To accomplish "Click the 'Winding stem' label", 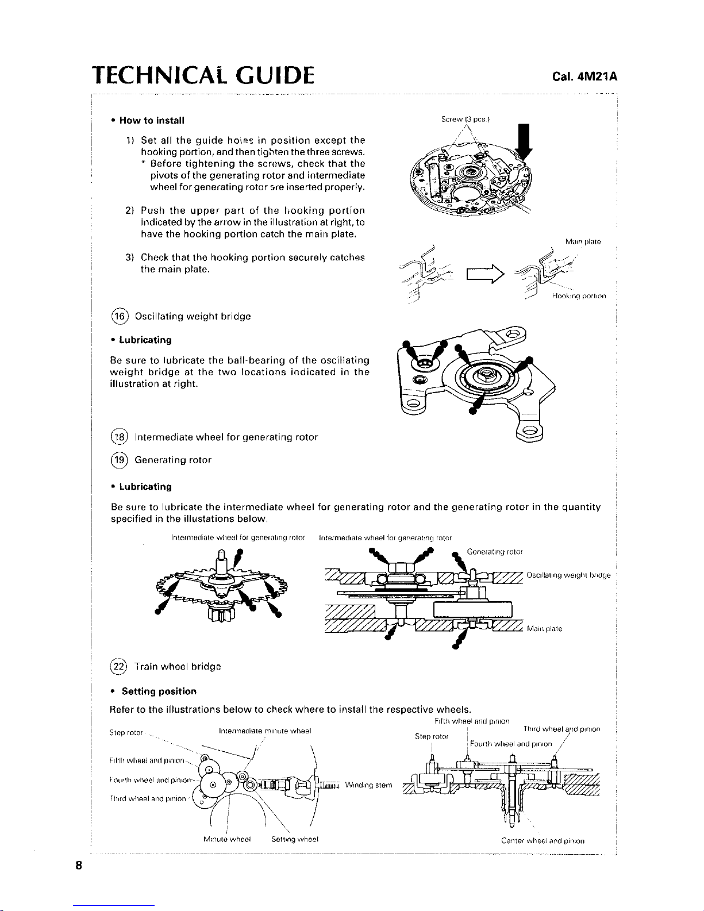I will point(369,786).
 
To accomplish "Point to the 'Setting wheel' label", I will point(295,839).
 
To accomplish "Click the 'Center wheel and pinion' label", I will point(543,841).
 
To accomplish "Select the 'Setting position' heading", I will point(159,691).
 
